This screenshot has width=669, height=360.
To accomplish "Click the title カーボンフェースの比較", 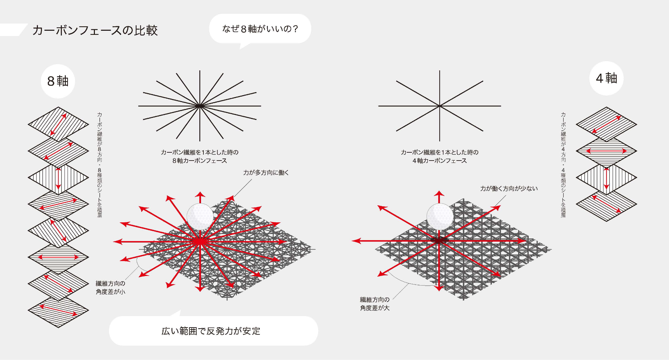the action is click(95, 30).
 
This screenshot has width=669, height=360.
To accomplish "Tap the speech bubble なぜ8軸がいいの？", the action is click(260, 29).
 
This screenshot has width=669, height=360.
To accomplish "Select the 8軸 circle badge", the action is click(58, 81).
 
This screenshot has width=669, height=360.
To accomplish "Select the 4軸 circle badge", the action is click(607, 78).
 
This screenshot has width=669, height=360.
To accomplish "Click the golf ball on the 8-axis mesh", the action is click(200, 217).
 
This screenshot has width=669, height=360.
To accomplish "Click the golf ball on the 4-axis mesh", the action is click(440, 217).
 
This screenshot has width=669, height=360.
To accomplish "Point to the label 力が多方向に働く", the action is click(266, 172).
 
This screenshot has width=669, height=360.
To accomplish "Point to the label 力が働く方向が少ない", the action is click(509, 188).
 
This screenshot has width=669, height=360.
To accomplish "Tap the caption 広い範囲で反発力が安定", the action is click(211, 331).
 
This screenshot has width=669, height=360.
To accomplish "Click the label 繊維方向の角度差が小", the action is click(110, 288).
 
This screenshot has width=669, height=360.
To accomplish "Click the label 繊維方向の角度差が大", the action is click(375, 304).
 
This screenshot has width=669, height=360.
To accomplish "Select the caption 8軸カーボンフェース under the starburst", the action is click(200, 161).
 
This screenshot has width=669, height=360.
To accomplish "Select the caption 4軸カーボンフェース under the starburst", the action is click(440, 161).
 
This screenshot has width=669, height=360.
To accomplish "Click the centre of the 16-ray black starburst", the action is click(200, 106).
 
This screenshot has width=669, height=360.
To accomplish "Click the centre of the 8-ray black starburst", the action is click(440, 106).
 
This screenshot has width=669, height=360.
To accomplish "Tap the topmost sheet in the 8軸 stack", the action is click(58, 124).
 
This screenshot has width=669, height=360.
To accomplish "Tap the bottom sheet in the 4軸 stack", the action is click(607, 204).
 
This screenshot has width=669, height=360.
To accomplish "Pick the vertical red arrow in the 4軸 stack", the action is click(607, 178).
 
